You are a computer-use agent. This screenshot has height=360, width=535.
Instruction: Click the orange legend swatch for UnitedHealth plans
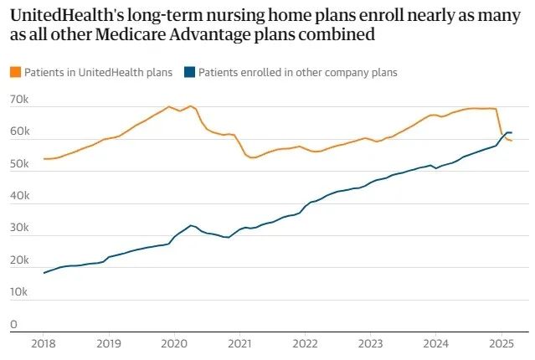(x=14, y=73)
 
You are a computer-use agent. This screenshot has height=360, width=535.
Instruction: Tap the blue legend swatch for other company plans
(x=189, y=73)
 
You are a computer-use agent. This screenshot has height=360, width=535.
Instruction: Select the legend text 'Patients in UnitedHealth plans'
(x=97, y=73)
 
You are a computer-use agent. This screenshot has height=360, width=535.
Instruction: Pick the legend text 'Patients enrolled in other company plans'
(x=297, y=73)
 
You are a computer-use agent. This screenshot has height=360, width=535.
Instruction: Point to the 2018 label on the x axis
(x=44, y=342)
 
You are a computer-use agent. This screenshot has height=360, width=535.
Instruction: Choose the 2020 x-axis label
(x=173, y=342)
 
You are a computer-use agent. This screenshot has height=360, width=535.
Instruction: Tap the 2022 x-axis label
(x=304, y=342)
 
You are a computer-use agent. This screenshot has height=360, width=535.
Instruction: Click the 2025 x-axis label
(x=500, y=342)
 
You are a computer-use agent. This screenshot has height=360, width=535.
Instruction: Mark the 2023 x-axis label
(x=369, y=342)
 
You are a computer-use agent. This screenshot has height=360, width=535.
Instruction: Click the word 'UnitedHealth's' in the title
(x=64, y=14)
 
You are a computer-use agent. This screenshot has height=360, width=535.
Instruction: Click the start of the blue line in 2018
(x=44, y=273)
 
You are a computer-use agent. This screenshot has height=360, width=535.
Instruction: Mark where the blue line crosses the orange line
(x=503, y=136)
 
